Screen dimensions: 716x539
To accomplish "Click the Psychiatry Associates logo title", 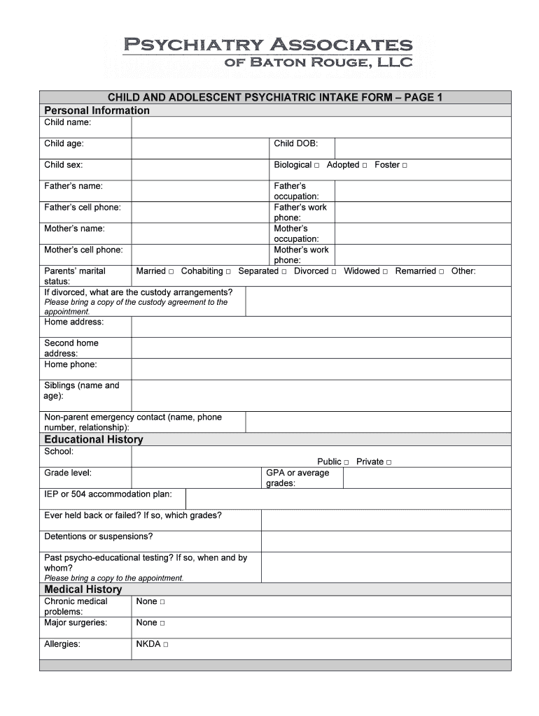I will click(267, 46).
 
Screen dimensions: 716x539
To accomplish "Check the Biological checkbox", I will click(316, 166).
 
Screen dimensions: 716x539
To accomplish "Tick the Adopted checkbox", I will click(365, 166).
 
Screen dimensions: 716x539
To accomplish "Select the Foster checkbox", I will click(405, 166).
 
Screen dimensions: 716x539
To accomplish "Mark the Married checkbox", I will click(171, 271).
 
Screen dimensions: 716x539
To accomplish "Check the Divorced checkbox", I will click(334, 271).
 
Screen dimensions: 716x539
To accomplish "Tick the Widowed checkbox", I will click(385, 271).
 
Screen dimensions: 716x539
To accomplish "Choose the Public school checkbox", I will click(346, 462).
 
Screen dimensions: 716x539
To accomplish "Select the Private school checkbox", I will click(388, 462).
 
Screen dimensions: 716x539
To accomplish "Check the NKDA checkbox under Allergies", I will click(166, 645).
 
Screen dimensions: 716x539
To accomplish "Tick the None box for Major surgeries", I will click(162, 623).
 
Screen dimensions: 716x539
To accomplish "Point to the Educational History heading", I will click(94, 439).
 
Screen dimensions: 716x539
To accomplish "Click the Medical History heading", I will click(83, 589).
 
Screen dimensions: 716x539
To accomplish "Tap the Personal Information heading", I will click(97, 110).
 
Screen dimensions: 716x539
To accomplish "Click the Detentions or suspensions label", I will click(99, 537).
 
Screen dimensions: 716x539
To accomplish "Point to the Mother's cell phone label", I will click(83, 250).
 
